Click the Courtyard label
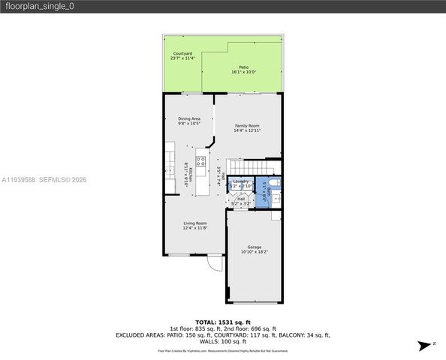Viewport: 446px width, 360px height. tap(182, 53)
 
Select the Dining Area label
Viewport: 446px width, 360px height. tap(189, 118)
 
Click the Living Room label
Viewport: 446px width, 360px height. tap(195, 223)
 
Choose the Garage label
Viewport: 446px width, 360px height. tap(255, 247)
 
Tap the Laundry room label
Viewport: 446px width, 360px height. tap(241, 181)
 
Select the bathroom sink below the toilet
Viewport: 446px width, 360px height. tap(275, 199)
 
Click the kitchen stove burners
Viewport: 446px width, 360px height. tap(200, 160)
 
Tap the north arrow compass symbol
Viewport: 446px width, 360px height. tap(426, 344)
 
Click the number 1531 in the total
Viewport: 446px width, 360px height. tap(223, 322)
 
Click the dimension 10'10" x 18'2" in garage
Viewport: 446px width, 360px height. tap(255, 252)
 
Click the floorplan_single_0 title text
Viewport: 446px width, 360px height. tap(31, 7)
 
